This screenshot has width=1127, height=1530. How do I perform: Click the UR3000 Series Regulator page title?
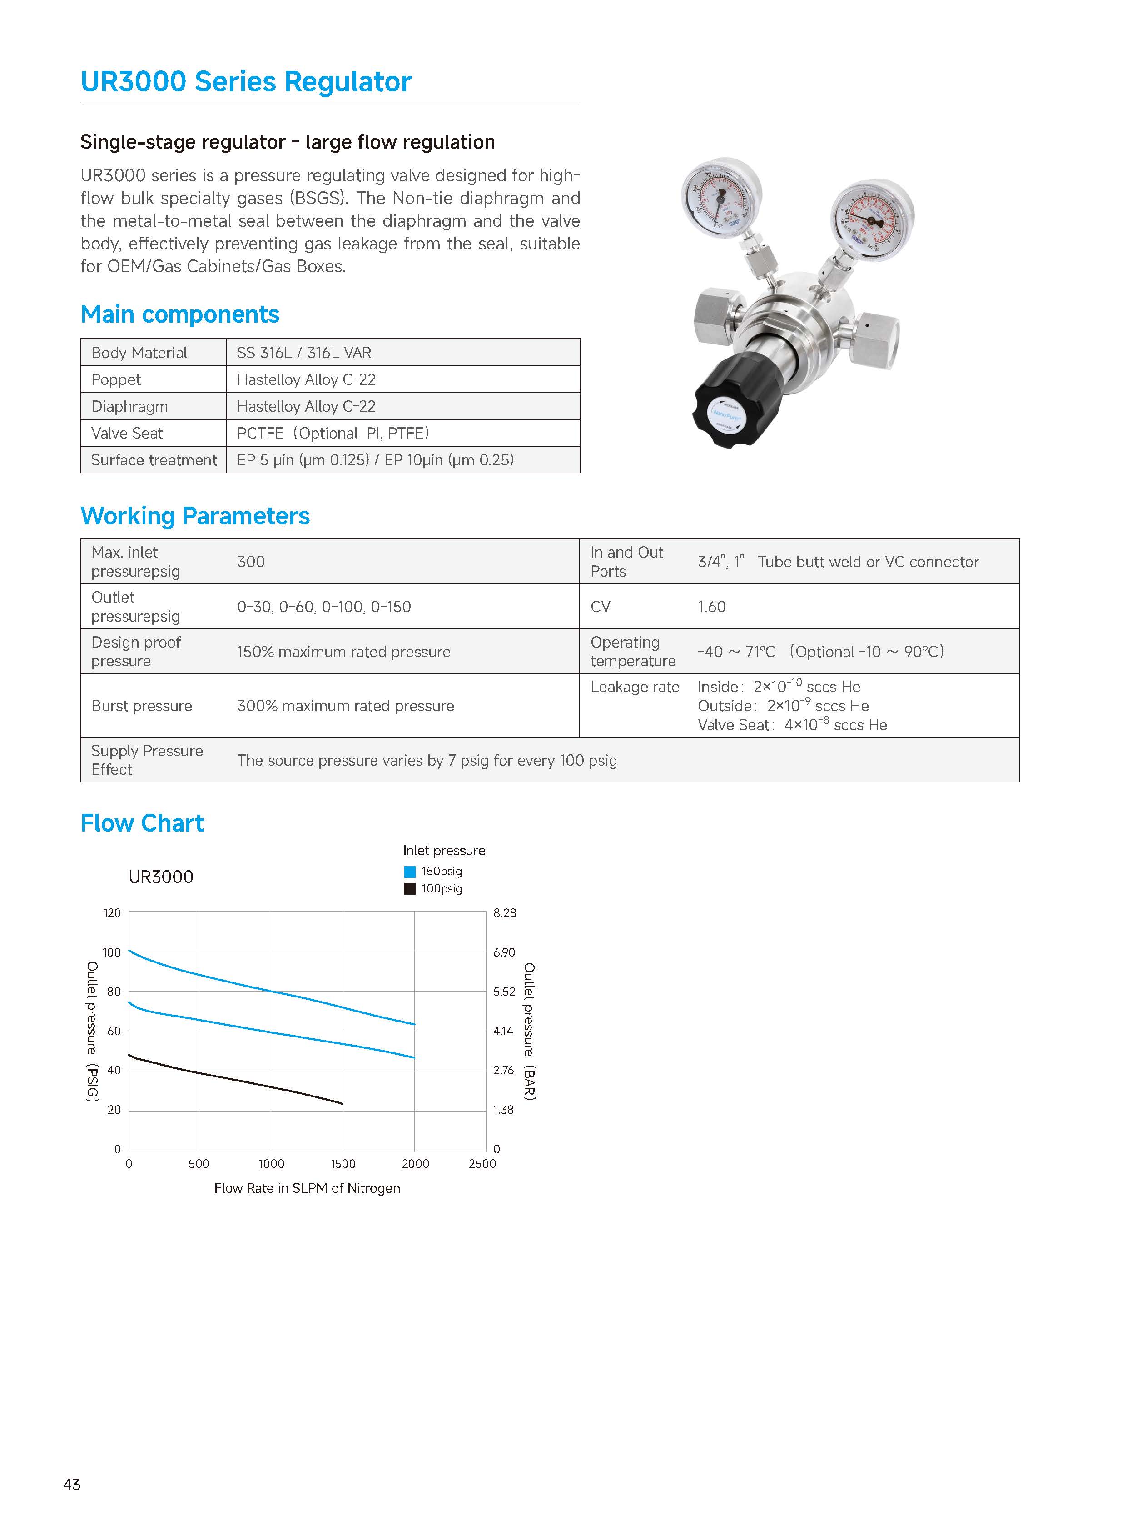[x=246, y=82]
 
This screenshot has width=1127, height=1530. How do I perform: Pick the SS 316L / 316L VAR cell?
[x=304, y=353]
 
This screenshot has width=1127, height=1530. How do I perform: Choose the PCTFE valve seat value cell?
[x=333, y=434]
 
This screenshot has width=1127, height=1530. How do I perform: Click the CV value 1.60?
[x=711, y=607]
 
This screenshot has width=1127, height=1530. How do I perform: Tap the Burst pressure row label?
[x=142, y=706]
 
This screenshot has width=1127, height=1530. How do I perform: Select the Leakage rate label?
[x=635, y=687]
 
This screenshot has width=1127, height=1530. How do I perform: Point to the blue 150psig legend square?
[x=410, y=872]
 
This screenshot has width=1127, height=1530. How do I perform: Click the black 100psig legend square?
[x=410, y=888]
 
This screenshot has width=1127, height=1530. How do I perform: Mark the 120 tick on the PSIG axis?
[x=112, y=913]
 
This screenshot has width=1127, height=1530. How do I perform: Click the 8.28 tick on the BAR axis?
[x=505, y=913]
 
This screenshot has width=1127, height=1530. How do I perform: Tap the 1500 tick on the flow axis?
[x=343, y=1164]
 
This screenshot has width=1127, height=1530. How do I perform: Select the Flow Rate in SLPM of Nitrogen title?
[x=307, y=1188]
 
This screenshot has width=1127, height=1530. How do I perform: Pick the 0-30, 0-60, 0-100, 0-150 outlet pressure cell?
[x=324, y=607]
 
